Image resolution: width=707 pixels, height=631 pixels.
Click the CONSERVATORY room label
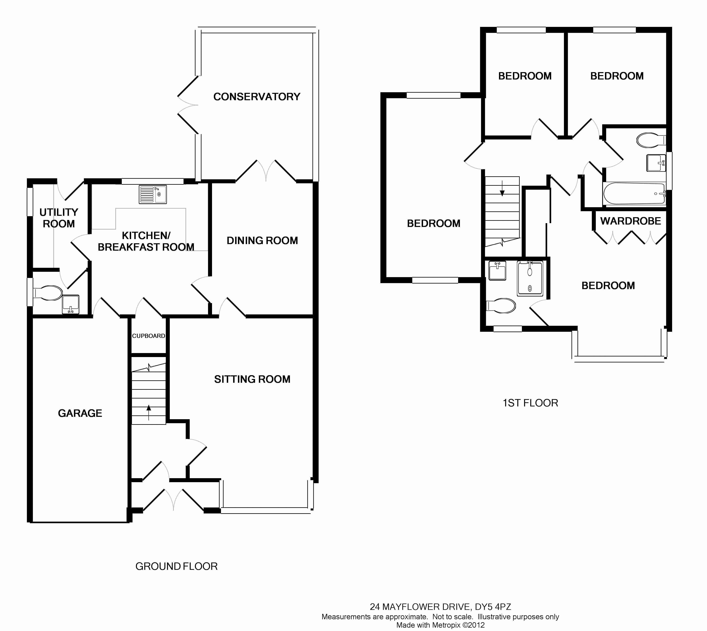[257, 96]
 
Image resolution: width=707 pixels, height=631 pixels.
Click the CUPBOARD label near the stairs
[148, 336]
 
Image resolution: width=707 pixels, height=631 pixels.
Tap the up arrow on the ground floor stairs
[149, 412]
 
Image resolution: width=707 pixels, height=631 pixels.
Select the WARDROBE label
[630, 221]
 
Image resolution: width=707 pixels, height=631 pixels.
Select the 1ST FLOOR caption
[530, 403]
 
